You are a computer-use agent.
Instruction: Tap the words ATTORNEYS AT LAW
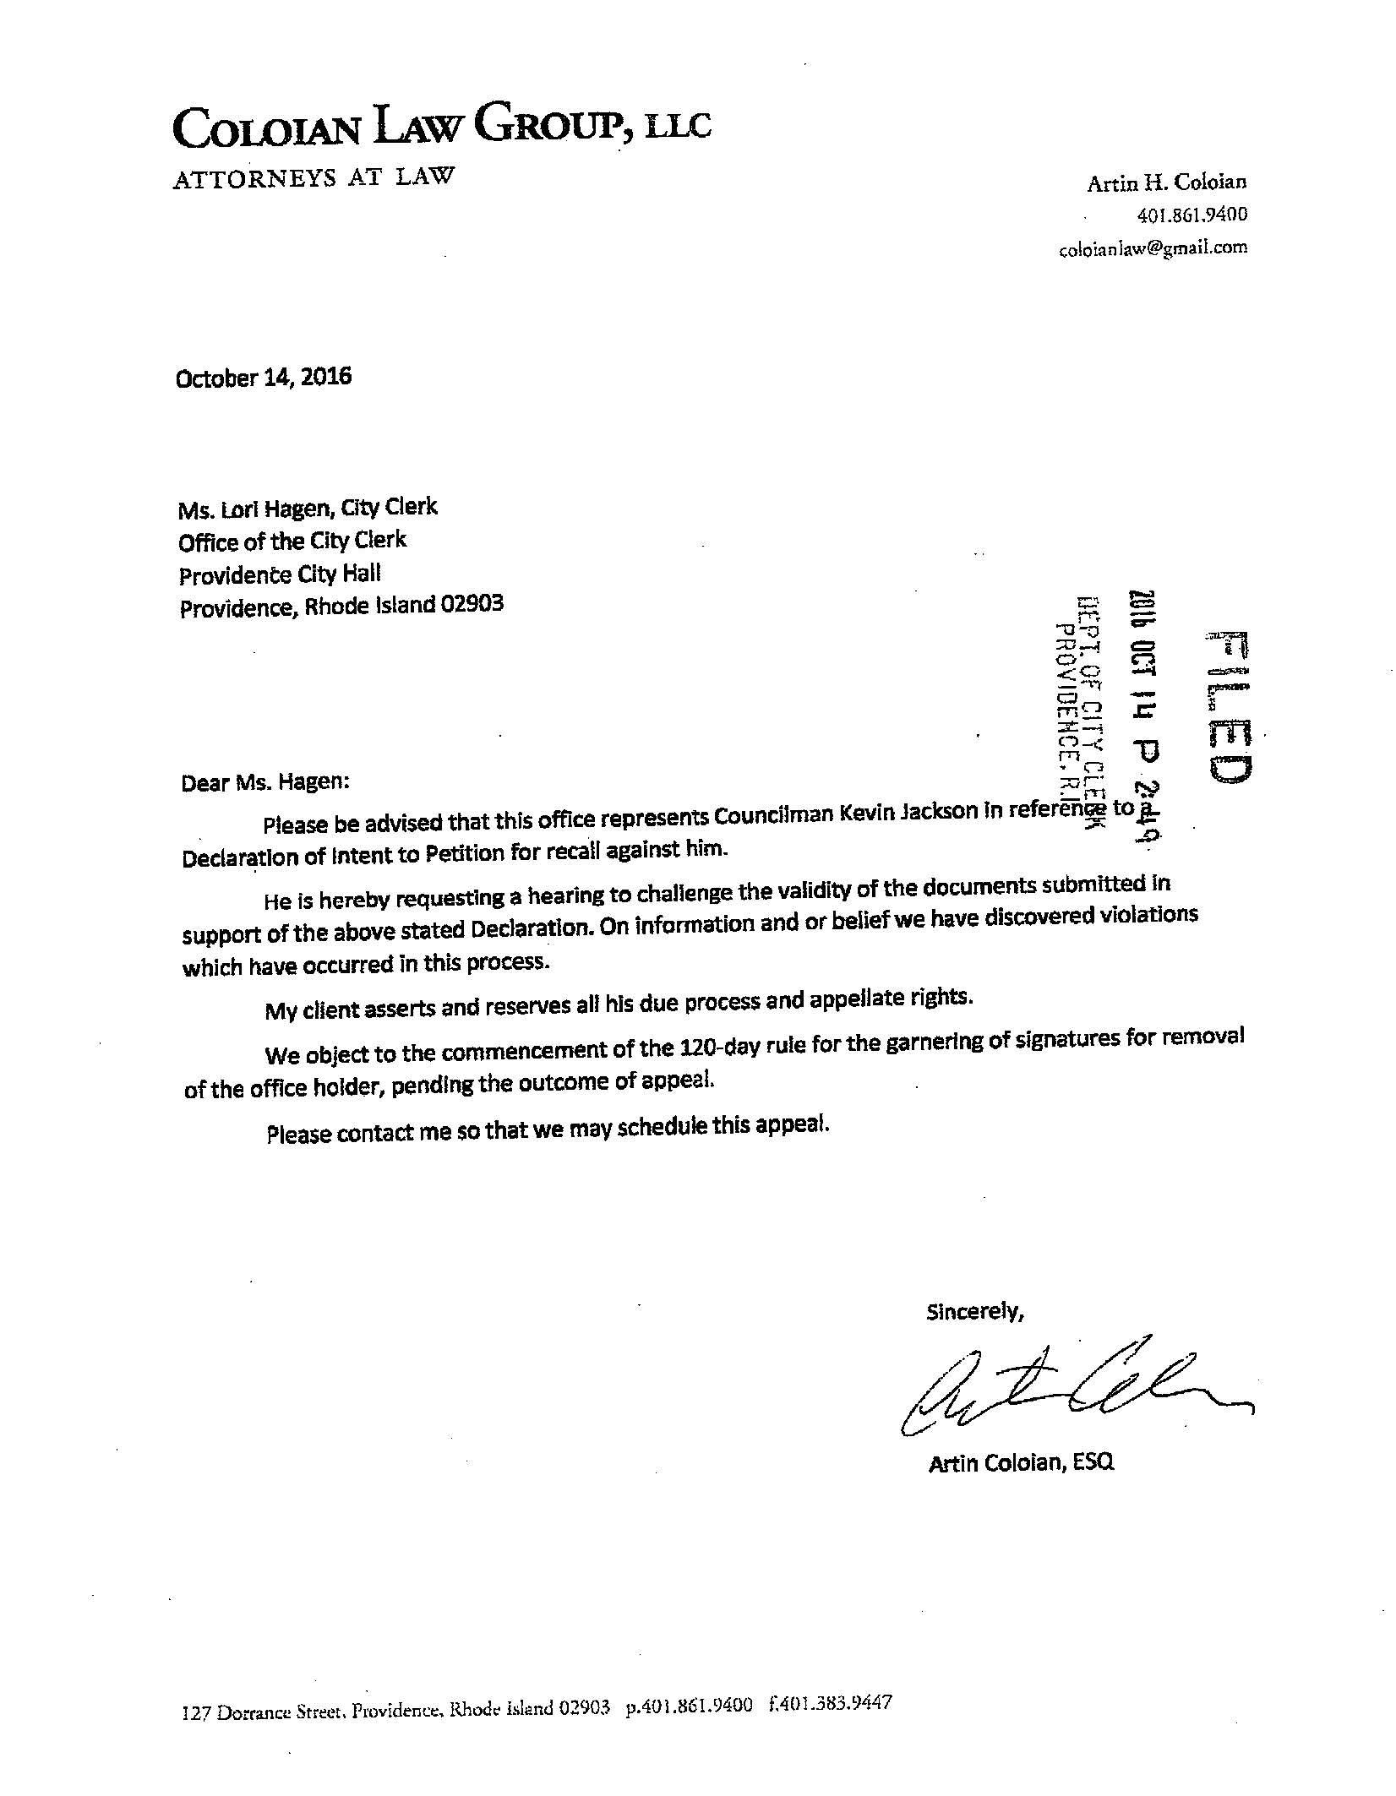tap(314, 178)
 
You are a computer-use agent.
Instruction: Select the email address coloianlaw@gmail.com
tap(1152, 248)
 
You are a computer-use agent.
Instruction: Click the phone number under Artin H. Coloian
tap(1192, 215)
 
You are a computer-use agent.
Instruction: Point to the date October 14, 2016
tap(263, 377)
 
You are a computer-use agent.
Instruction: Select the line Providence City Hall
tap(280, 574)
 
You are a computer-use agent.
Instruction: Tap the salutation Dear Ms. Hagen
tap(265, 781)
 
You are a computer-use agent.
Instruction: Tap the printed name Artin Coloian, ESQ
tap(1021, 1461)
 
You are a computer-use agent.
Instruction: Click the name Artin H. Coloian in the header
tap(1166, 182)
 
